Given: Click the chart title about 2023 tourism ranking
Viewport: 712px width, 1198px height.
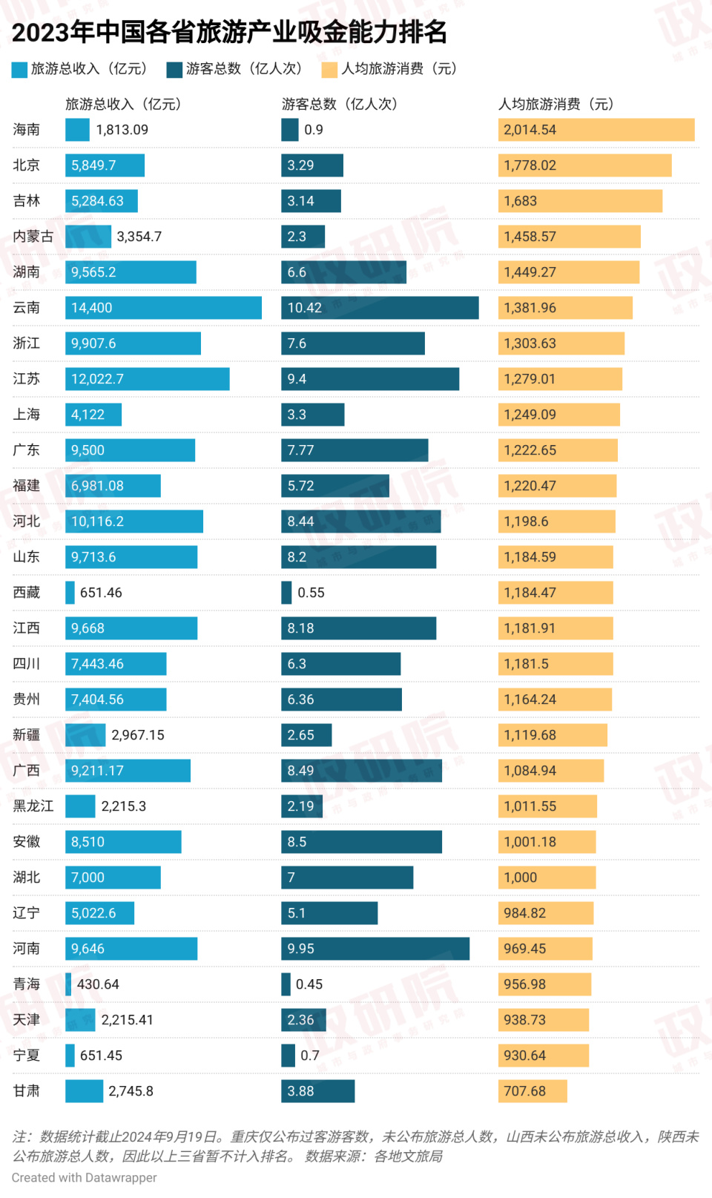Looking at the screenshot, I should (x=230, y=32).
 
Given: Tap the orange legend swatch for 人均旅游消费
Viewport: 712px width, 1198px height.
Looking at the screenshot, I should (x=329, y=70).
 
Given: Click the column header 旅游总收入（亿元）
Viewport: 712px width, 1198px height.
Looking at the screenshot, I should (x=123, y=104).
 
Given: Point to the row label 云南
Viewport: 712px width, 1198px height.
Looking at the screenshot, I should (x=27, y=308).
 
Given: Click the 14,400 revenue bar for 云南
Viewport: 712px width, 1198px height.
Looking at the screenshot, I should (x=163, y=308).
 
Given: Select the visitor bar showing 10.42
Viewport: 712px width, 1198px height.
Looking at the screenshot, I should (x=380, y=308).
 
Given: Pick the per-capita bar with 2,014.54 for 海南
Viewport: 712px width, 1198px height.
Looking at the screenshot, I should (x=596, y=130).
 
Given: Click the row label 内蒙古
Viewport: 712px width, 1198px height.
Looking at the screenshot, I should (x=33, y=237).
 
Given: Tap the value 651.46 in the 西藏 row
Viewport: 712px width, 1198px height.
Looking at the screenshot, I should (x=101, y=593).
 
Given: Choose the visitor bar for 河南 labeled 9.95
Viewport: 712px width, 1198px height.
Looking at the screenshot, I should (x=375, y=949).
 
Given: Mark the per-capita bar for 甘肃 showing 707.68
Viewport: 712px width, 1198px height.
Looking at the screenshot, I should (x=533, y=1091).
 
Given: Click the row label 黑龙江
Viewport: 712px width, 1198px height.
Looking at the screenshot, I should (x=33, y=806).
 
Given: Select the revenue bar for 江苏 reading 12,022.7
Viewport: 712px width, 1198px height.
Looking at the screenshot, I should (x=147, y=379).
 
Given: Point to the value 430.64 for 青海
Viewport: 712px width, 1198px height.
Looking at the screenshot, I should (x=98, y=984).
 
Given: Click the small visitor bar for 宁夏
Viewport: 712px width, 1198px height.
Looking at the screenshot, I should (x=288, y=1056).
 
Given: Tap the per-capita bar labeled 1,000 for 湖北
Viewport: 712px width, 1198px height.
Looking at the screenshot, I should (x=547, y=878).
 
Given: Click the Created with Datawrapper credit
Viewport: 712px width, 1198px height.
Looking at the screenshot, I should (x=85, y=1177).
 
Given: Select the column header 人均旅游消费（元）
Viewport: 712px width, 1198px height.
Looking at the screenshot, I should (x=556, y=104).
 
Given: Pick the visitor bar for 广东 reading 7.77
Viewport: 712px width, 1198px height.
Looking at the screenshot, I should (x=355, y=450).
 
